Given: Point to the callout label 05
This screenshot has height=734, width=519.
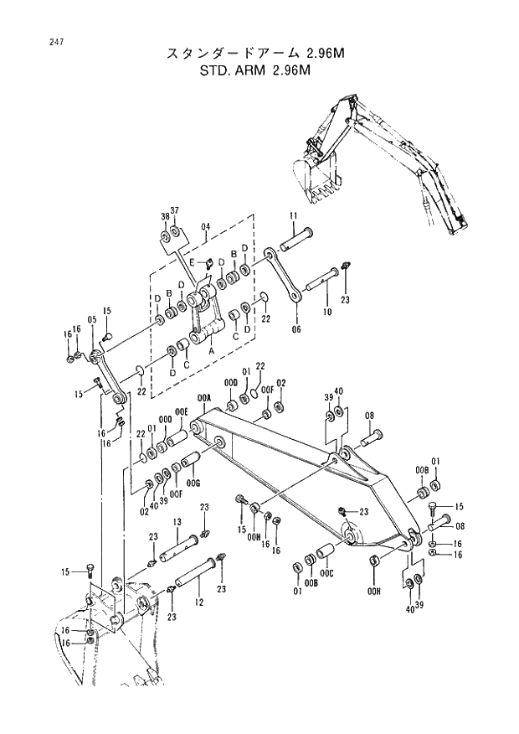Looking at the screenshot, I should (x=92, y=319).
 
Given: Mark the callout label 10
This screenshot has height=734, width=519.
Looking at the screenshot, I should (x=326, y=312).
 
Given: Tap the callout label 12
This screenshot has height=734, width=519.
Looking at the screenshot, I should (x=198, y=602).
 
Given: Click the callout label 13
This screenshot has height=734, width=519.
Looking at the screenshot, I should (x=177, y=522).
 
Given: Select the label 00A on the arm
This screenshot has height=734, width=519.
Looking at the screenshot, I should (x=203, y=397).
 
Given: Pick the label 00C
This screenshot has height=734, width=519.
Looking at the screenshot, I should (x=327, y=573).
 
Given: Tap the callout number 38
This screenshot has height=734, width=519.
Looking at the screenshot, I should (x=165, y=217).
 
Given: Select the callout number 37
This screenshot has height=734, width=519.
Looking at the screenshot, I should (x=175, y=209).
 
